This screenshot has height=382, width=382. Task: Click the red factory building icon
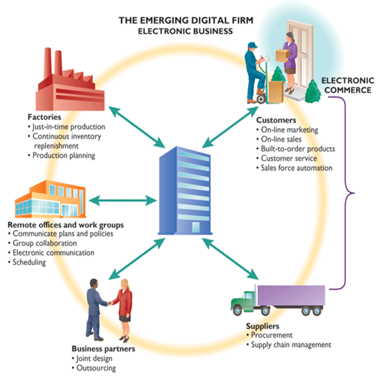pyautogui.click(x=71, y=83)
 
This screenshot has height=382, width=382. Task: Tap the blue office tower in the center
pyautogui.click(x=185, y=190)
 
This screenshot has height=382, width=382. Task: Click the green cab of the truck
pyautogui.click(x=243, y=301)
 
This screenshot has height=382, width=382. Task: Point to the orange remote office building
pyautogui.click(x=50, y=199)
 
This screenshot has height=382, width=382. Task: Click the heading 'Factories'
pyautogui.click(x=44, y=117)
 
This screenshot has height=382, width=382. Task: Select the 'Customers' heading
pyautogui.click(x=276, y=120)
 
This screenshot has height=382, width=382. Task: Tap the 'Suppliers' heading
pyautogui.click(x=263, y=326)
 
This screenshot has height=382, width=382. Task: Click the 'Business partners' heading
pyautogui.click(x=103, y=349)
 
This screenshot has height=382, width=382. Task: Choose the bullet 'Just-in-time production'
pyautogui.click(x=66, y=127)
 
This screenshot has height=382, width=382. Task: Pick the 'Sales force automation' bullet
pyautogui.click(x=294, y=168)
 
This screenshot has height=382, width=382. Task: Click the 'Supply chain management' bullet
pyautogui.click(x=289, y=345)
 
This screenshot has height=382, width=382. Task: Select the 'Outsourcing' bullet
pyautogui.click(x=93, y=368)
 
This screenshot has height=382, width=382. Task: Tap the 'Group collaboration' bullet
pyautogui.click(x=42, y=243)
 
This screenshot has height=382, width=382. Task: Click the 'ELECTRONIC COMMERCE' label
pyautogui.click(x=348, y=85)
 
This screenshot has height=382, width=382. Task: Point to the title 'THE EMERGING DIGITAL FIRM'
pyautogui.click(x=186, y=20)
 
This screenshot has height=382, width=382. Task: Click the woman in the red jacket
pyautogui.click(x=123, y=310)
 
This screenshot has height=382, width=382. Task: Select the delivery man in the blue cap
pyautogui.click(x=256, y=72)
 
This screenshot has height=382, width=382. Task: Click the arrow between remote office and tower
pyautogui.click(x=123, y=201)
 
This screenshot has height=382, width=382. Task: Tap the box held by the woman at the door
pyautogui.click(x=282, y=55)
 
